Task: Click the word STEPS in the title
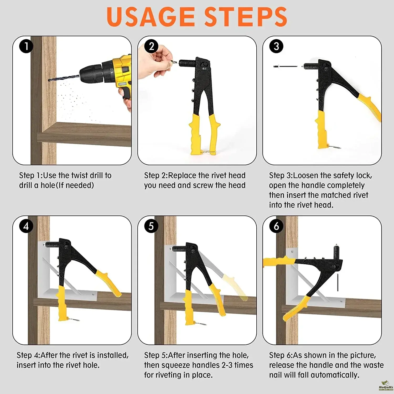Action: (246, 17)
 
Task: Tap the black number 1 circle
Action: (26, 46)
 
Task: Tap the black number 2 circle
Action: (152, 46)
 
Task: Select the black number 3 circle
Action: (276, 46)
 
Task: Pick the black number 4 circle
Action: (26, 226)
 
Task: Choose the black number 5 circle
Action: (151, 226)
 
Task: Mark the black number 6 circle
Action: (276, 226)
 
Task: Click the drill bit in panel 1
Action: (64, 78)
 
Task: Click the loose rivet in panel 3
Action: (285, 66)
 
